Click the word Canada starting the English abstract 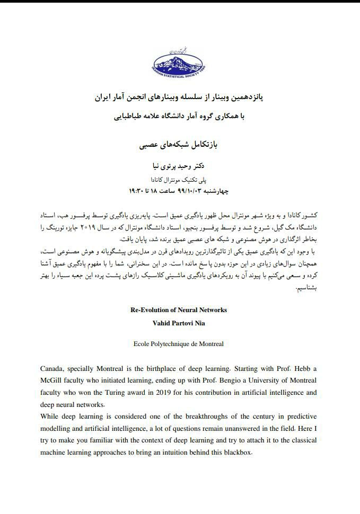click(53, 368)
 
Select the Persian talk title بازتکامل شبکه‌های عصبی click(180, 144)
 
